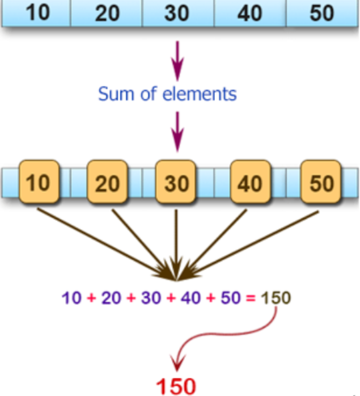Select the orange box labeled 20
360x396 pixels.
tap(108, 183)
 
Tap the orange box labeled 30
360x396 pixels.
tap(176, 183)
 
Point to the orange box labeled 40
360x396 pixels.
tap(250, 183)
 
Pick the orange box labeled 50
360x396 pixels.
tap(321, 183)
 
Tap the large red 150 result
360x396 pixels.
tap(176, 386)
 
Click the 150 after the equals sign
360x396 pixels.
tap(277, 298)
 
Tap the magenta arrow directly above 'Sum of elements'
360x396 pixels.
tap(179, 60)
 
